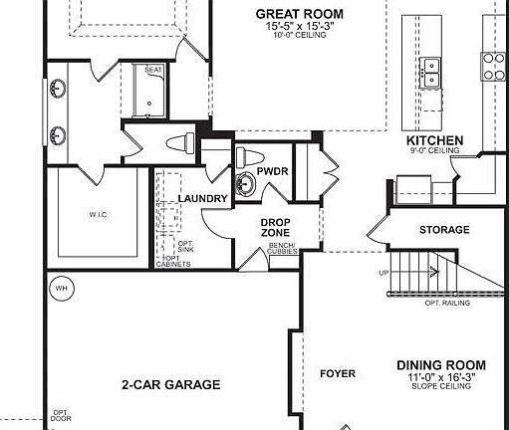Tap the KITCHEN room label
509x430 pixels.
(434, 141)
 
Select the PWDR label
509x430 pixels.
(272, 170)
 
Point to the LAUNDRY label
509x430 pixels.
(203, 199)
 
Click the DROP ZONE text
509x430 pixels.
(275, 227)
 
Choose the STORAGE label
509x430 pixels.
(443, 230)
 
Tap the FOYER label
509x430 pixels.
(337, 374)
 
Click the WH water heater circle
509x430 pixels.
(61, 289)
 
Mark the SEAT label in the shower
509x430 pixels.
(153, 70)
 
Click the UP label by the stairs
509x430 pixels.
(383, 273)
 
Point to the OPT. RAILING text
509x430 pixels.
(446, 302)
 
